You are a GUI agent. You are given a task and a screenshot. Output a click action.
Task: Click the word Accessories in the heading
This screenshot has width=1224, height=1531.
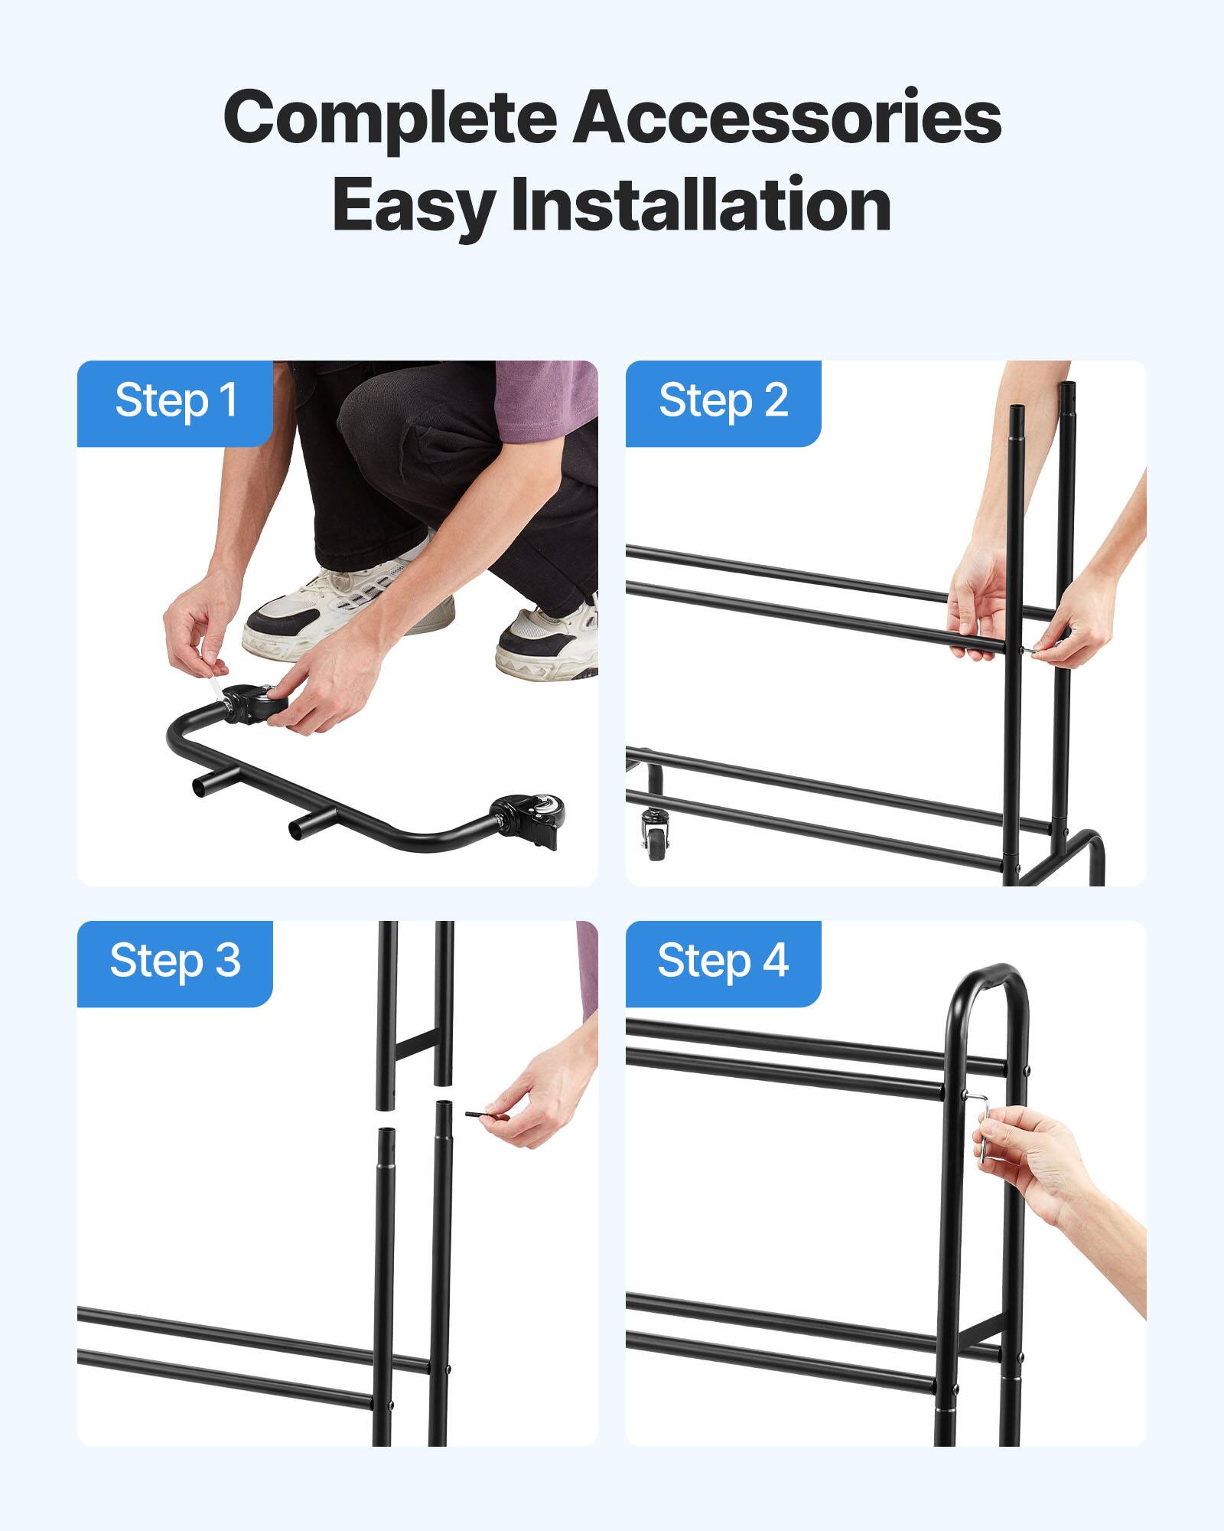pyautogui.click(x=787, y=117)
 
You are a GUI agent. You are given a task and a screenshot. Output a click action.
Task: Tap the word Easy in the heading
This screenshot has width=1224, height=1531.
pyautogui.click(x=412, y=205)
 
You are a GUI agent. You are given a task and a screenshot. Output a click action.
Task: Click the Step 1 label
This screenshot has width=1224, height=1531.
pyautogui.click(x=175, y=401)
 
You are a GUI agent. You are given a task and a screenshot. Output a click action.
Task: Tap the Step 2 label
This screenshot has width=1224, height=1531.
pyautogui.click(x=723, y=401)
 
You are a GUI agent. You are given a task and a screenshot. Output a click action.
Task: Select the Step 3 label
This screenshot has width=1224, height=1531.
pyautogui.click(x=175, y=961)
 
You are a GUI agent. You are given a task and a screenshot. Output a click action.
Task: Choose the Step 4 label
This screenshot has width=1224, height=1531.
pyautogui.click(x=723, y=961)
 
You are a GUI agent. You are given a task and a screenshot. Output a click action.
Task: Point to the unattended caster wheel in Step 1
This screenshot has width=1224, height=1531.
pyautogui.click(x=528, y=819)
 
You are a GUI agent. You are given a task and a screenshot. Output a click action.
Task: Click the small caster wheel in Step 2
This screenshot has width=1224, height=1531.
pyautogui.click(x=656, y=835)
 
